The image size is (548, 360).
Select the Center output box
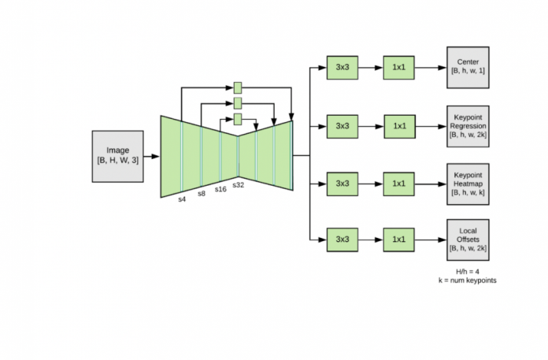468,68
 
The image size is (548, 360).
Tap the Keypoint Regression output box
468,125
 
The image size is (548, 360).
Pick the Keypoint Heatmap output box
468,183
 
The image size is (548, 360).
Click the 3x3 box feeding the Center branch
342,68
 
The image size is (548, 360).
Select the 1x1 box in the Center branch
399,68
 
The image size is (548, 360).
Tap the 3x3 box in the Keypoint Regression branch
342,125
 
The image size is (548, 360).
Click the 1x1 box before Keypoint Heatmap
399,183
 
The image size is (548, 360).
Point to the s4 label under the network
181,199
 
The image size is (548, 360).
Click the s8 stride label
202,193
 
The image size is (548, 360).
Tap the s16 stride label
220,189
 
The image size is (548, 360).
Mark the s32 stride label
238,185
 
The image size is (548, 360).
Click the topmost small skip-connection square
238,87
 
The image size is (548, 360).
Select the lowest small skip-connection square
238,119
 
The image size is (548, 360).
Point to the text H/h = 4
468,271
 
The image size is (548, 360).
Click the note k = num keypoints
468,280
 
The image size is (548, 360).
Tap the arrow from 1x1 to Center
431,68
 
